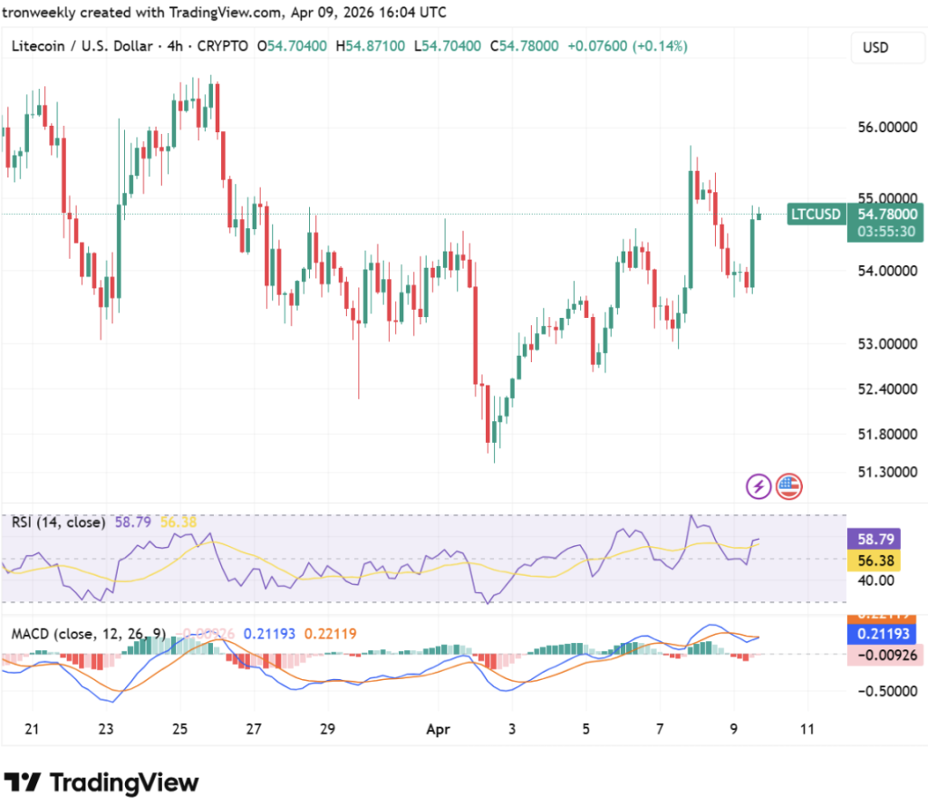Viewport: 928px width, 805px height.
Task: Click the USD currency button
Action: click(875, 47)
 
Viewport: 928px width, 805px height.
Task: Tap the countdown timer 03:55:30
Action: click(883, 232)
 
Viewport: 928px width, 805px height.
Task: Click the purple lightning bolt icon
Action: click(759, 486)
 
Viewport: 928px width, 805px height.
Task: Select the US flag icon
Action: click(788, 486)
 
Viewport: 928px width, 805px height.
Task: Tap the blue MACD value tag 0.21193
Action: click(884, 634)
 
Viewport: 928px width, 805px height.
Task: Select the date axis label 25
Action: click(179, 729)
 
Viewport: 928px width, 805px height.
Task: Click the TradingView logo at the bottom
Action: click(101, 781)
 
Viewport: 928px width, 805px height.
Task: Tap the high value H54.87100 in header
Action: click(370, 45)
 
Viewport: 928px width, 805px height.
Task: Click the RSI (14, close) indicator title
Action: click(59, 522)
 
